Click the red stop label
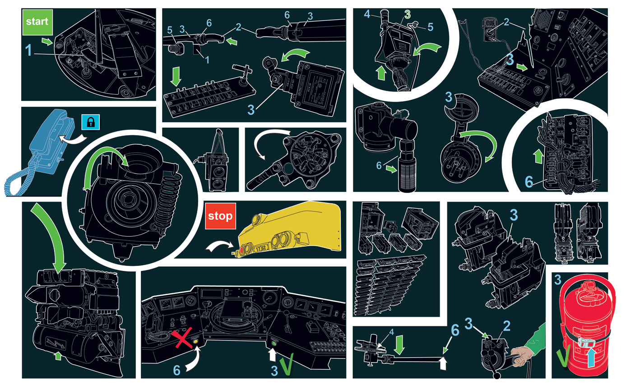point(221,216)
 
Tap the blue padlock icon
point(91,122)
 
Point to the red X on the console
point(182,338)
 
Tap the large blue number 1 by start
point(28,50)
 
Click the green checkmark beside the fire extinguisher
point(564,356)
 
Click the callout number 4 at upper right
point(367,14)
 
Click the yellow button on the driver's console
point(195,341)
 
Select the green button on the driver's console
point(274,343)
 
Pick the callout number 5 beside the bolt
point(170,30)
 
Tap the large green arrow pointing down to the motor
point(50,237)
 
